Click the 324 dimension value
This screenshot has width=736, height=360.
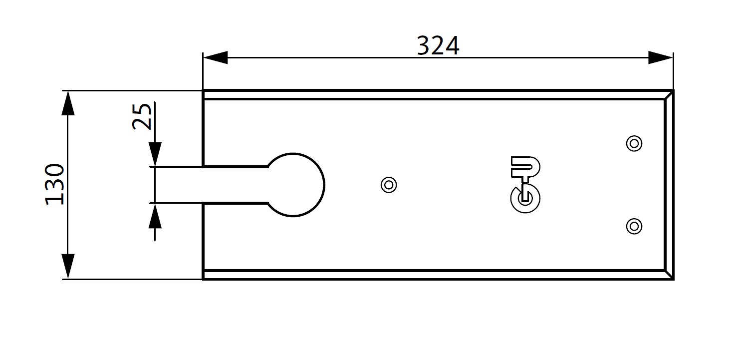pos(438,46)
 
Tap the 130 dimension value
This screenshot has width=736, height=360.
pos(54,184)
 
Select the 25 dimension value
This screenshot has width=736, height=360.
pos(142,117)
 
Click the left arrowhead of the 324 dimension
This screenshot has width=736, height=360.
pos(215,57)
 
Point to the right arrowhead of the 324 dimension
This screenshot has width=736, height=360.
pos(661,57)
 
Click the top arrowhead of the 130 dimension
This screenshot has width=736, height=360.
pos(68,103)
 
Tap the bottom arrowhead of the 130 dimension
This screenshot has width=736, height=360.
pos(68,266)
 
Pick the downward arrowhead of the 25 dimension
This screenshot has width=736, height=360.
pos(155,154)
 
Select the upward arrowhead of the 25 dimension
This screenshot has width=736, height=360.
pos(155,216)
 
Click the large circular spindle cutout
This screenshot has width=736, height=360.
pos(324,185)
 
